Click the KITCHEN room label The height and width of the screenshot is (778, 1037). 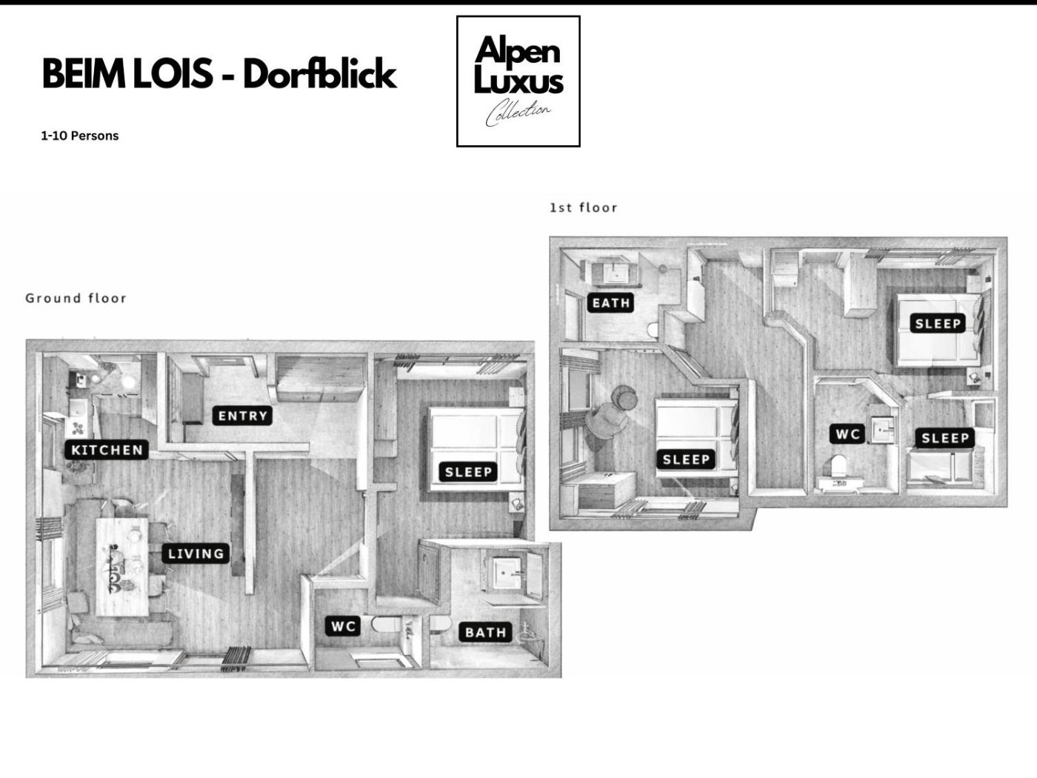107,450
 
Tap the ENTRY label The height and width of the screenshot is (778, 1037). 242,416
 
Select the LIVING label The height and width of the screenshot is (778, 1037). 196,553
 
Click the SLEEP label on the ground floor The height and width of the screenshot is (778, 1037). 467,471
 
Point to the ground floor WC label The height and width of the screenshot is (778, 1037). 343,626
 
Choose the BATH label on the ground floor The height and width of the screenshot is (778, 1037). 486,633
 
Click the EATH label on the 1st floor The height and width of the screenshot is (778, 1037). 611,302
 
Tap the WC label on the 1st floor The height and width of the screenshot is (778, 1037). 847,434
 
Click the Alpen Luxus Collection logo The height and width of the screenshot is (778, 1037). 518,82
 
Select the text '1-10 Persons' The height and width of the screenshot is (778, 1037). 80,136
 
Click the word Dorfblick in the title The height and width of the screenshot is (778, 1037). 320,74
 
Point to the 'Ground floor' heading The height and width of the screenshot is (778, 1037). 76,298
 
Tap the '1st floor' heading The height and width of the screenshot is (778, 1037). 584,207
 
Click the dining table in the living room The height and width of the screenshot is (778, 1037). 122,566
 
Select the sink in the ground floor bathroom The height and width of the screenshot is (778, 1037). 507,573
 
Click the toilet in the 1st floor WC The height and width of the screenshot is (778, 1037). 838,467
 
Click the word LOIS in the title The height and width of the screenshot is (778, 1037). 173,74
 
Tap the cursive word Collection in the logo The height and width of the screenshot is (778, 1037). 518,113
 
